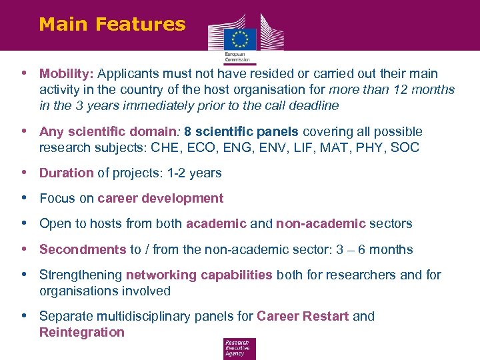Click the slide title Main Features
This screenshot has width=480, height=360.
click(x=112, y=24)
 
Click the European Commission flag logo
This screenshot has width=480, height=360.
click(x=240, y=38)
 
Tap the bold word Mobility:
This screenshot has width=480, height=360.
click(x=67, y=73)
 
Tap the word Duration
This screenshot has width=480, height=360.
click(x=66, y=173)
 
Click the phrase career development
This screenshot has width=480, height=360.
click(x=160, y=198)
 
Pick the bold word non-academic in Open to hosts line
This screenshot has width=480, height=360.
click(x=321, y=223)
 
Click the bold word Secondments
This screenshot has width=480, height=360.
click(x=83, y=249)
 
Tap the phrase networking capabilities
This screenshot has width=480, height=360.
click(x=199, y=275)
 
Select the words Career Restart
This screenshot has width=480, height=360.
click(x=303, y=316)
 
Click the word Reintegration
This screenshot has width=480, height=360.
click(x=82, y=332)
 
